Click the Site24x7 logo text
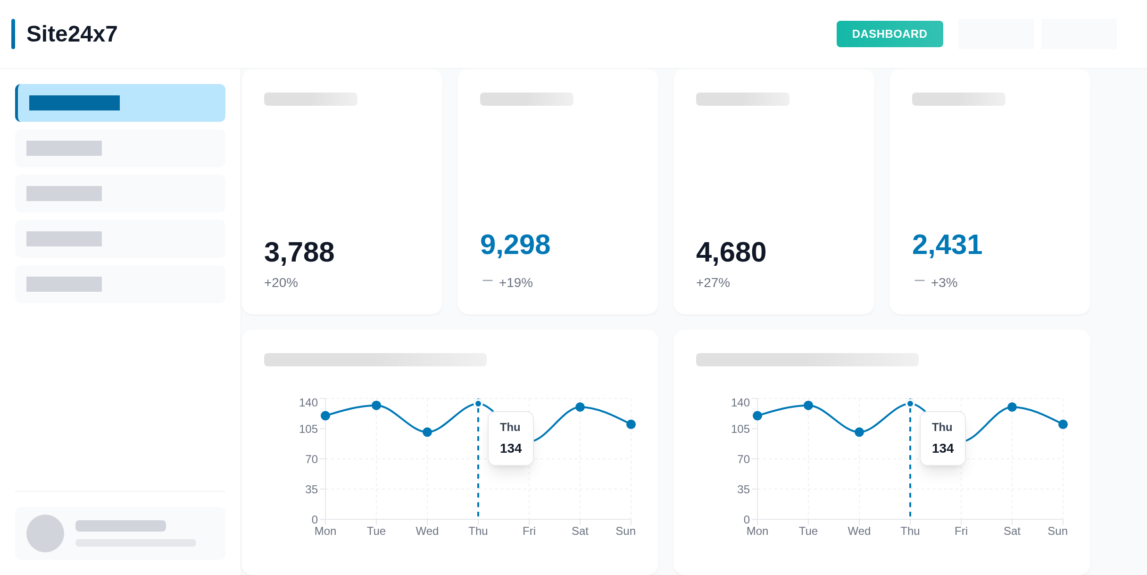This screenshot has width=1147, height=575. pos(72,34)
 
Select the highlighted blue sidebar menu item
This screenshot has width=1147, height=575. pos(120,103)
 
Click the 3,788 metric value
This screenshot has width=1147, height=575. pos(299,252)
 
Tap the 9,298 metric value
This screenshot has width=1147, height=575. pos(515,245)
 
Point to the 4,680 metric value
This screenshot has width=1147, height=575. pos(731,252)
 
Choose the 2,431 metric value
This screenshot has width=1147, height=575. pos(947,245)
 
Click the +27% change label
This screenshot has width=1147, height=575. pos(713,283)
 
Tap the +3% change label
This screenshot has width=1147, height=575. pos(944,283)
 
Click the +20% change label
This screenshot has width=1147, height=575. pos(281,283)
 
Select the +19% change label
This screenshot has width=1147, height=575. pos(515,283)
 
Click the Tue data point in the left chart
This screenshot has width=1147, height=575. pos(376,405)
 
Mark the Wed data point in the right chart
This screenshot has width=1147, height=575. pos(859,432)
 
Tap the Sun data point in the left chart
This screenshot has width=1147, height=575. pos(631,424)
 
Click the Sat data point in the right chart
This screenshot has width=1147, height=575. pos(1012,407)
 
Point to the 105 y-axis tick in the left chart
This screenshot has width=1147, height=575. pos(308,429)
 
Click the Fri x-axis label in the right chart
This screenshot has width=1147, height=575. pos(961,531)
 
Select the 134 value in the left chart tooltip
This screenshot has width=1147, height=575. pos(511,448)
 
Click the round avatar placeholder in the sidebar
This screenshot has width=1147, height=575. pos(45,533)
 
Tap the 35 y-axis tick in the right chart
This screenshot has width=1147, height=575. pos(743,490)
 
